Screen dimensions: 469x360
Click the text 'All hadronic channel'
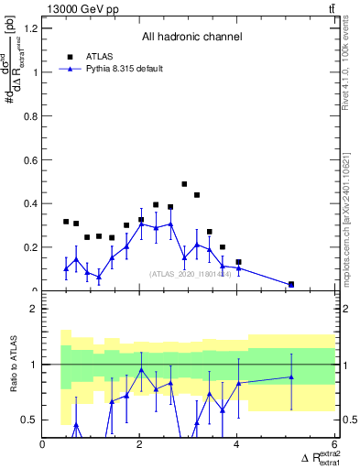(191, 38)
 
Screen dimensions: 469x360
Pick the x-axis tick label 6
(335, 445)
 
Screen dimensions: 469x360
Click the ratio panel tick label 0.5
(28, 420)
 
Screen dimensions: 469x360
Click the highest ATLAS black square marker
(184, 184)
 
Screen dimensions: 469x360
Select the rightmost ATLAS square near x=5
(291, 284)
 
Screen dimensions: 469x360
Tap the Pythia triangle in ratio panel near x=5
(291, 376)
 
